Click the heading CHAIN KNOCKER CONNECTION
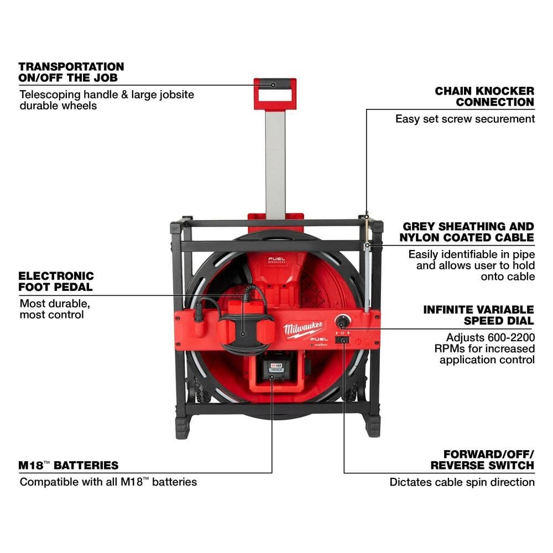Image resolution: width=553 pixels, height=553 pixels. click(x=484, y=96)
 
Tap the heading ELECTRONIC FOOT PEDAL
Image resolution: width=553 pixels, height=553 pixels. click(x=56, y=281)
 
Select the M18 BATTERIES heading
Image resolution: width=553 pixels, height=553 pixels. click(x=69, y=465)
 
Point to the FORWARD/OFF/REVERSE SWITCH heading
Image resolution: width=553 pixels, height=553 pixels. click(x=482, y=460)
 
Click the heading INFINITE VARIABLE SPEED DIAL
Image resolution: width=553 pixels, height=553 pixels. click(x=478, y=315)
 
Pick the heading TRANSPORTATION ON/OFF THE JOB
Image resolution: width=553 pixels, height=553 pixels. click(x=71, y=72)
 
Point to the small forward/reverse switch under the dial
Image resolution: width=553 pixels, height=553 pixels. click(x=344, y=342)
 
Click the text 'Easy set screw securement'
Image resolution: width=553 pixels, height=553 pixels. click(x=465, y=118)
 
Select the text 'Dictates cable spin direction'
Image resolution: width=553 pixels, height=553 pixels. click(x=462, y=482)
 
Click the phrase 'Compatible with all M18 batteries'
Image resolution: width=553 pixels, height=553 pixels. click(x=108, y=482)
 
